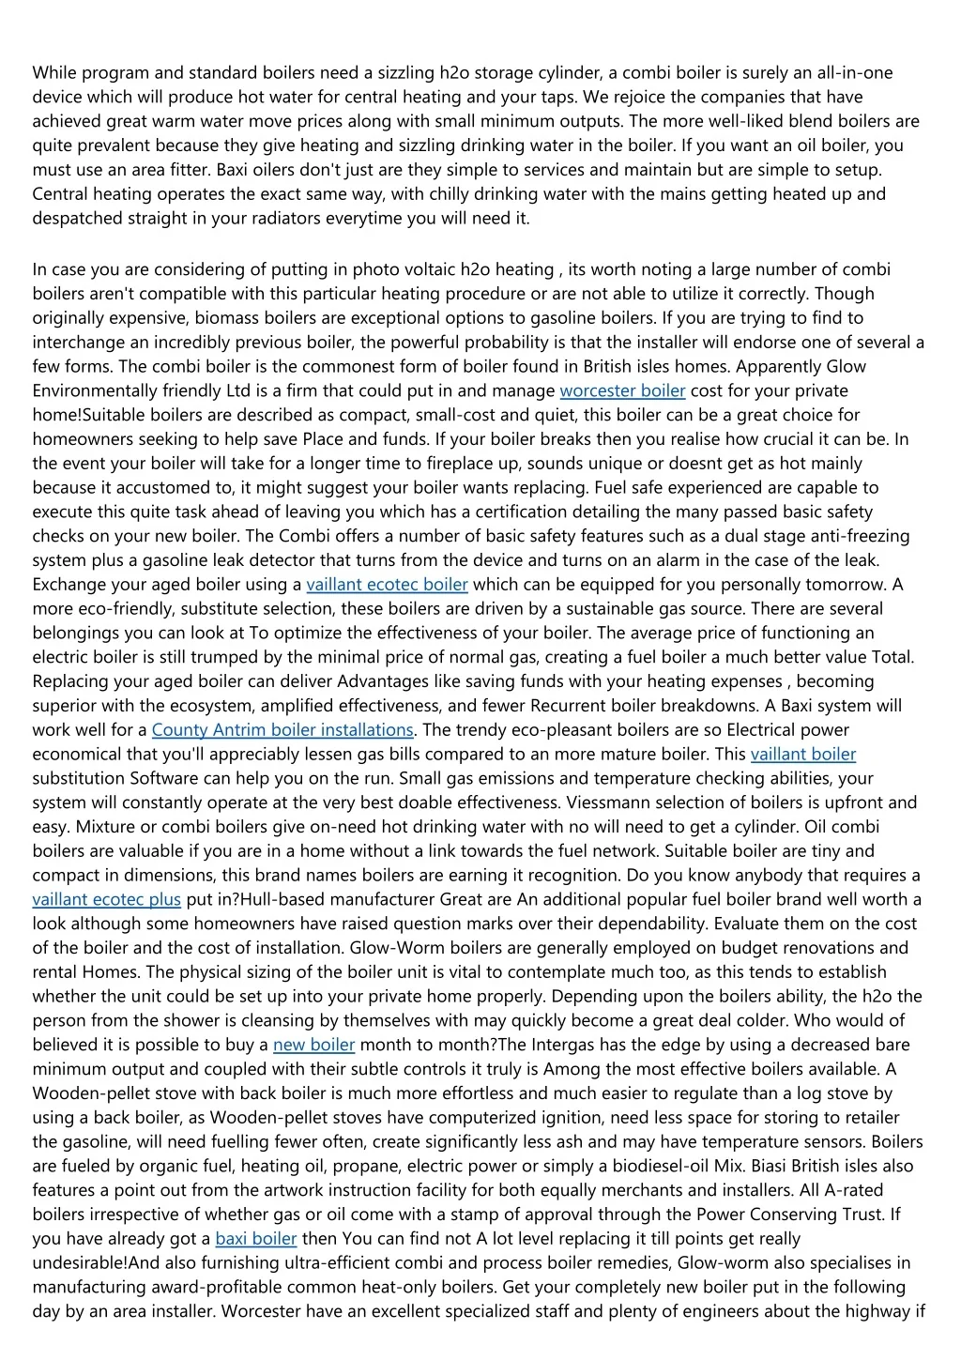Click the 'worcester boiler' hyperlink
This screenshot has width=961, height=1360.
click(x=622, y=390)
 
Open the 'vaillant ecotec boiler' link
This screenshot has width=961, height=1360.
click(x=387, y=585)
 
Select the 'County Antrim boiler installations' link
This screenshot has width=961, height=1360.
click(x=282, y=730)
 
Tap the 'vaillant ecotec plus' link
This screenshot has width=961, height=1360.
click(x=106, y=900)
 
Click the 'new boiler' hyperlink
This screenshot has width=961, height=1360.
click(x=313, y=1045)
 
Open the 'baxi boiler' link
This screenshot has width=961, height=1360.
click(x=255, y=1239)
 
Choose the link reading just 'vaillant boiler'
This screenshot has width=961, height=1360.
click(x=803, y=755)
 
